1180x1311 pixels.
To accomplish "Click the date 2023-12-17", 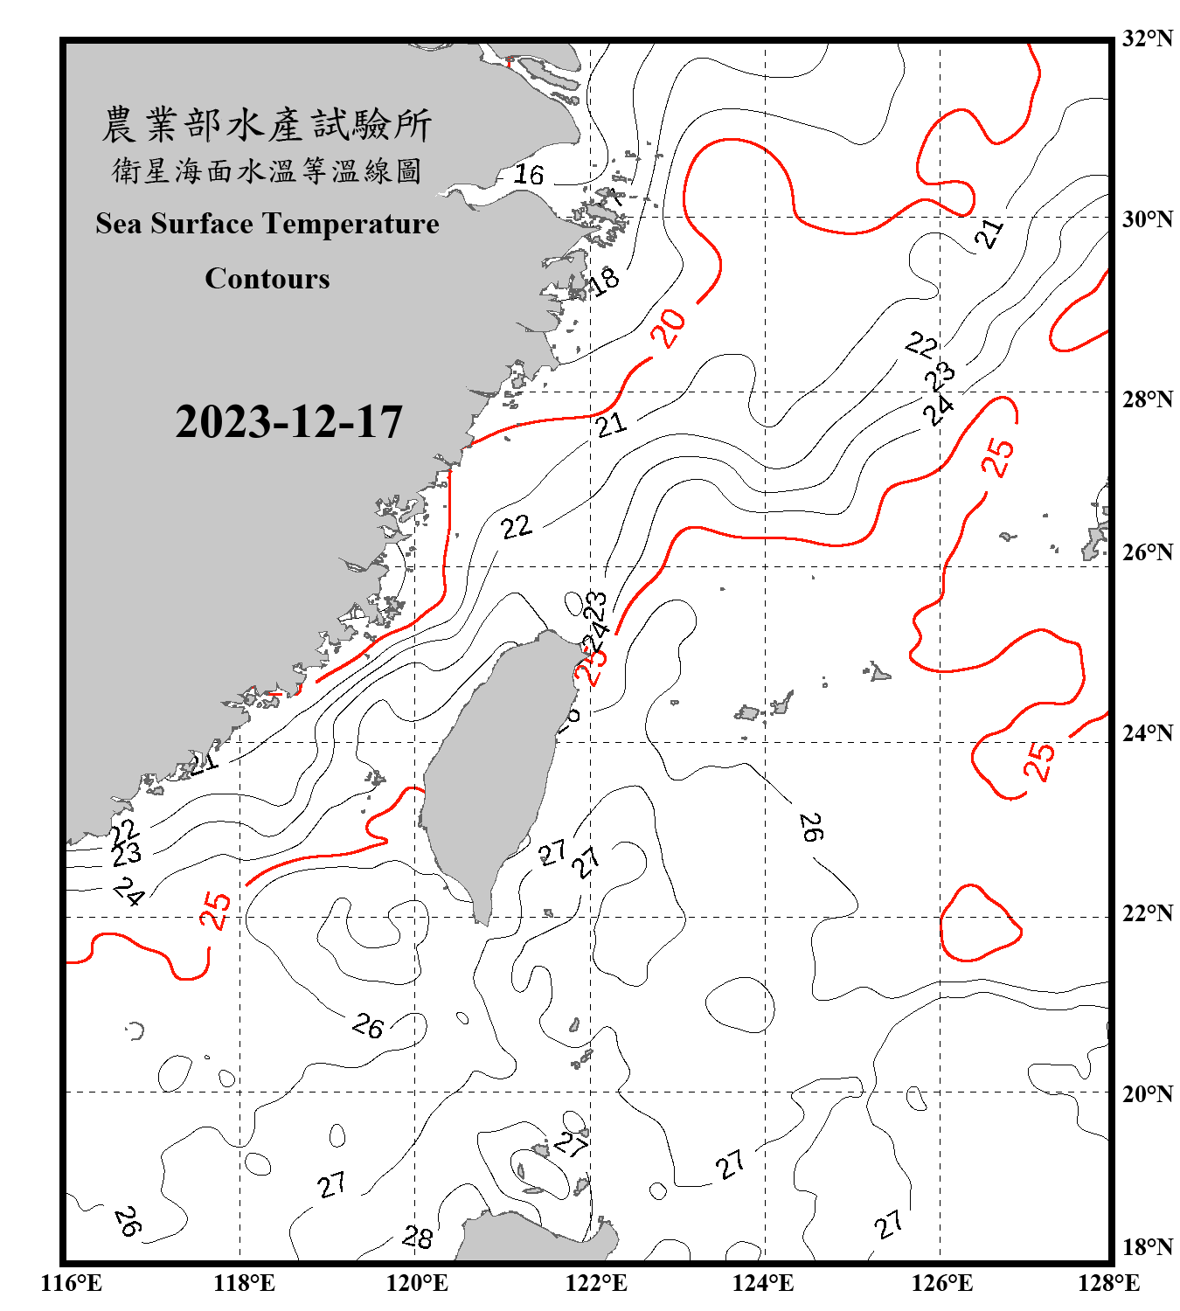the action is (288, 422).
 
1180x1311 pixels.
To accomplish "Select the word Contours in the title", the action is (267, 279).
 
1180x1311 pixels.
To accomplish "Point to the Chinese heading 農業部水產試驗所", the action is (267, 124).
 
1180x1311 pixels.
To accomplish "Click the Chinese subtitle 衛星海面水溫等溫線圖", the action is (267, 171).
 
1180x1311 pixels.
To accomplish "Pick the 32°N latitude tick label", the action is (1147, 38).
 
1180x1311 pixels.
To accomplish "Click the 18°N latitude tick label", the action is (1147, 1247).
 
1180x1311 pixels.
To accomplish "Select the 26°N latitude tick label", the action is (1147, 552).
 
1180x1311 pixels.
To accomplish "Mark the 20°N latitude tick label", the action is (1147, 1093).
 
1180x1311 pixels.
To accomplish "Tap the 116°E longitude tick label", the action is (72, 1283).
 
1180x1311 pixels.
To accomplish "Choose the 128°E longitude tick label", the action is (1108, 1283).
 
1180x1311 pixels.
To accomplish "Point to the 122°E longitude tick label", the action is (596, 1283).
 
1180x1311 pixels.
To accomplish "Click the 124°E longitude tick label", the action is (763, 1283).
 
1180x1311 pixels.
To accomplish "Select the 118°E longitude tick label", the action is (244, 1283).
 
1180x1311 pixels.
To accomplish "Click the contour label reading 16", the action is (528, 175).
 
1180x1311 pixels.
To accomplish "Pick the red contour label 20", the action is (669, 329).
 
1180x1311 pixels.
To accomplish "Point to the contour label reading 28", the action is (417, 1237).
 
